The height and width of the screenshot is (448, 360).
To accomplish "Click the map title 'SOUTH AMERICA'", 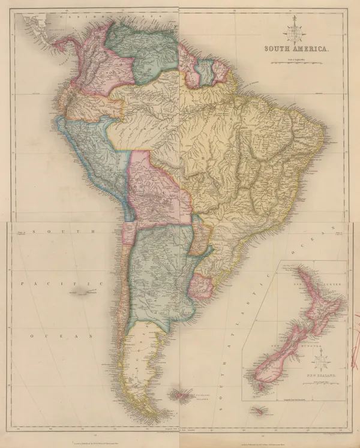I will (x=294, y=49).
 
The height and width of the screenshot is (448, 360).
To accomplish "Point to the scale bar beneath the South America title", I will (x=294, y=61).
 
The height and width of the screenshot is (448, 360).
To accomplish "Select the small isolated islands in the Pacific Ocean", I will (x=84, y=291).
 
